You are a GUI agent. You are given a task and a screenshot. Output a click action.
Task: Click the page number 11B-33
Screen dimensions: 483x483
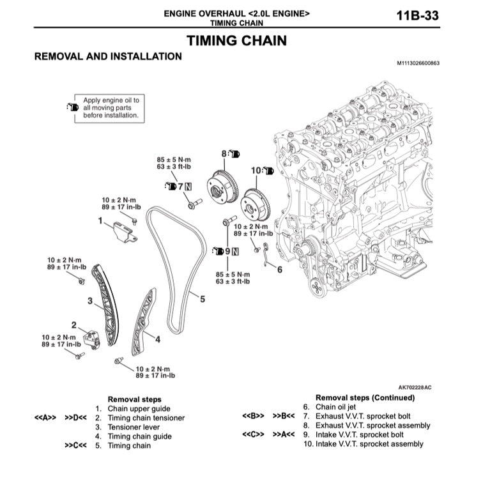coord(417,16)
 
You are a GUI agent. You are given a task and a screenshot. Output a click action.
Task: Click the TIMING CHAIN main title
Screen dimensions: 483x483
coord(236,41)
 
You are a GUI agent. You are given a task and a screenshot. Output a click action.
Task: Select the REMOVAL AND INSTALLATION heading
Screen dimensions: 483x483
coord(107,56)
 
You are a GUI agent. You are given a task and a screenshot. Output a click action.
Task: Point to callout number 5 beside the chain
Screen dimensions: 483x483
coord(202,298)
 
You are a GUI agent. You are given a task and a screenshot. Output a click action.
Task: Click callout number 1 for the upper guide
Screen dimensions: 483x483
coord(100,220)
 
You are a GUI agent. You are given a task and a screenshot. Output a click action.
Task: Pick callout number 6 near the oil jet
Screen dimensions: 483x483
coord(279,270)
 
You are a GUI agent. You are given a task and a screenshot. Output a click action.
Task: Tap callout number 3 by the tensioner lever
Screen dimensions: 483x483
coord(90,300)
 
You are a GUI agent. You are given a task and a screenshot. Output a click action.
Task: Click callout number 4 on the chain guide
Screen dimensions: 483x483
coord(157,339)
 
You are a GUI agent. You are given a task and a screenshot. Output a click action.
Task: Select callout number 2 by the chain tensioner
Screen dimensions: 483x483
coord(74,325)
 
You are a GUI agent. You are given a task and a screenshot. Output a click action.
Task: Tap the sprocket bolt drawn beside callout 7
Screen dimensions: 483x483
coord(194,204)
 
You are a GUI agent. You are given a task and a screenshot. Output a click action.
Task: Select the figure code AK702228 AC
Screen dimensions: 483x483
coord(415,387)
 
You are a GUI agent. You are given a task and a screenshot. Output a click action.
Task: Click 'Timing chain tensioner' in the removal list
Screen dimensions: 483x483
coord(146,418)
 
